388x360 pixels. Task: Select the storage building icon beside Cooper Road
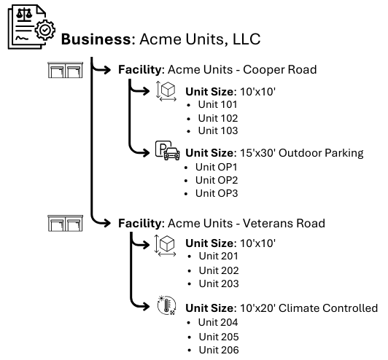[x=64, y=71]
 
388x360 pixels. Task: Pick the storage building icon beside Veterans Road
[x=64, y=223]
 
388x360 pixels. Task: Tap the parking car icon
[x=168, y=155]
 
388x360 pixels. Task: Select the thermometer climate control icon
[x=166, y=308]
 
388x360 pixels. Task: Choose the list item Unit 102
[x=217, y=118]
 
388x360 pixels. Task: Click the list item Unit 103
[x=217, y=132]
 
